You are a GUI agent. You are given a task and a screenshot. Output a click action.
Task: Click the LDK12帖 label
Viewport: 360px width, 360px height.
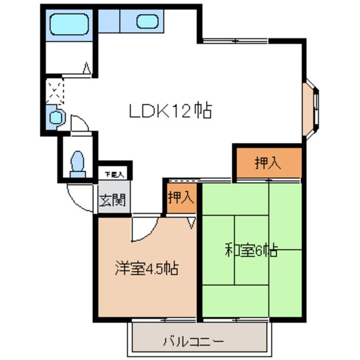tap(170, 111)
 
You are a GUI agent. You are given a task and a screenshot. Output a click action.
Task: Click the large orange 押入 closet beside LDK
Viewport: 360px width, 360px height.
tap(268, 163)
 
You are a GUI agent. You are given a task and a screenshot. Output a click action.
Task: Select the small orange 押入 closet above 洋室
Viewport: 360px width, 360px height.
tap(181, 197)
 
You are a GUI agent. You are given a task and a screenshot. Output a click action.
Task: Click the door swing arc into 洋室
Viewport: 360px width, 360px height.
tap(145, 228)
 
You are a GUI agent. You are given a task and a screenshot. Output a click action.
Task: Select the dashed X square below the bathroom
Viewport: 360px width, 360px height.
tap(55, 90)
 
